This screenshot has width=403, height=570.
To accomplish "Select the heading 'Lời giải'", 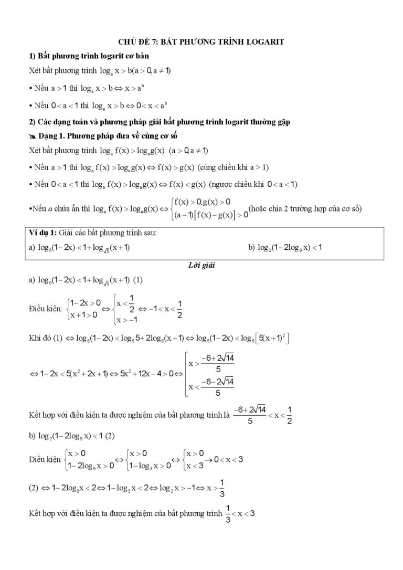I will (x=202, y=266).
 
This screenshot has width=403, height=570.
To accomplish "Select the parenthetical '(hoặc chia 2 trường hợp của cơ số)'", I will (x=306, y=208).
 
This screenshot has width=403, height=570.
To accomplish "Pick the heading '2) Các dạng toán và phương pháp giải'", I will (x=160, y=122).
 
